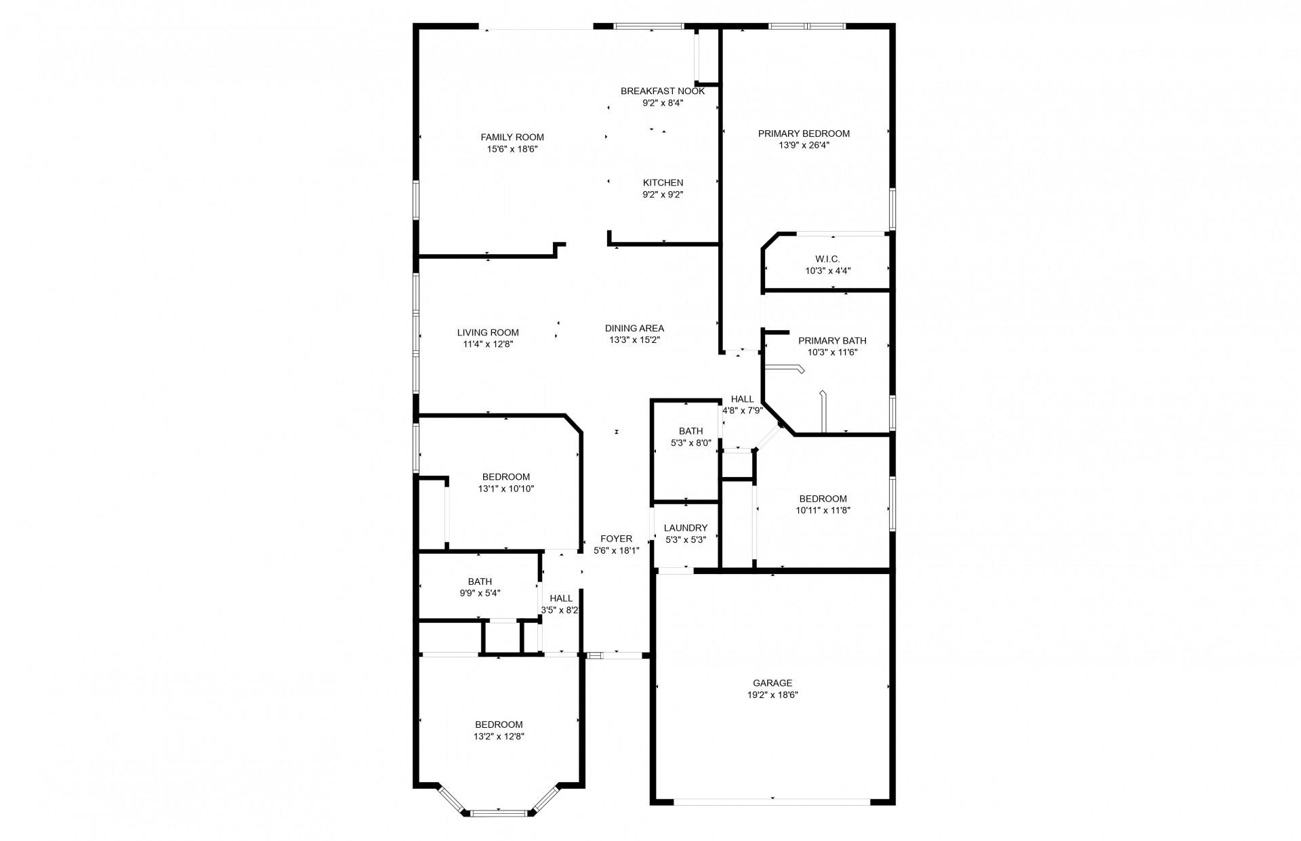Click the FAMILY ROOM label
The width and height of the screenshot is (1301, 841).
point(512,138)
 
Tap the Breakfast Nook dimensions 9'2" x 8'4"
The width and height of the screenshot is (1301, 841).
point(663,103)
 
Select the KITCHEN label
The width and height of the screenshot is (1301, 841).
point(663,183)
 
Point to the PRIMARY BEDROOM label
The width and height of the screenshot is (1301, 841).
point(804,134)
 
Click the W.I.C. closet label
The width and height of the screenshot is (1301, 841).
point(827,259)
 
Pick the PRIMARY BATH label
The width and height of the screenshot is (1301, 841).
point(832,341)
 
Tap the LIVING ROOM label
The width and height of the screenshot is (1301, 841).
point(488,333)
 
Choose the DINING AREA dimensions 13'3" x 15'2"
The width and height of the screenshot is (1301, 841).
point(634,340)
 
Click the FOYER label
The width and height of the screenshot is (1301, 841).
point(616,539)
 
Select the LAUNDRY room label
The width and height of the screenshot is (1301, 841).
point(686,528)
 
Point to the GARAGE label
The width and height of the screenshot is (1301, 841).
point(772,683)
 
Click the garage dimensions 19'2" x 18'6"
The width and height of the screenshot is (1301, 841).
point(772,695)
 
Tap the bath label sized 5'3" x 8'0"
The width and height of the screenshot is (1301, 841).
point(690,431)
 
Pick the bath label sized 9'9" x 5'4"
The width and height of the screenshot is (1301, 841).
point(480,581)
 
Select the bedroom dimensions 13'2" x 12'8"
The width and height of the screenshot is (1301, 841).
point(499,736)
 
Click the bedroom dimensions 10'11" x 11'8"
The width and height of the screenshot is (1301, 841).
point(823,510)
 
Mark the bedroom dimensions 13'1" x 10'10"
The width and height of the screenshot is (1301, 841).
point(506,488)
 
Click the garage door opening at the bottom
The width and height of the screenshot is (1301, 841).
point(772,801)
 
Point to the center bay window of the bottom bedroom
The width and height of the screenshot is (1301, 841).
point(498,812)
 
